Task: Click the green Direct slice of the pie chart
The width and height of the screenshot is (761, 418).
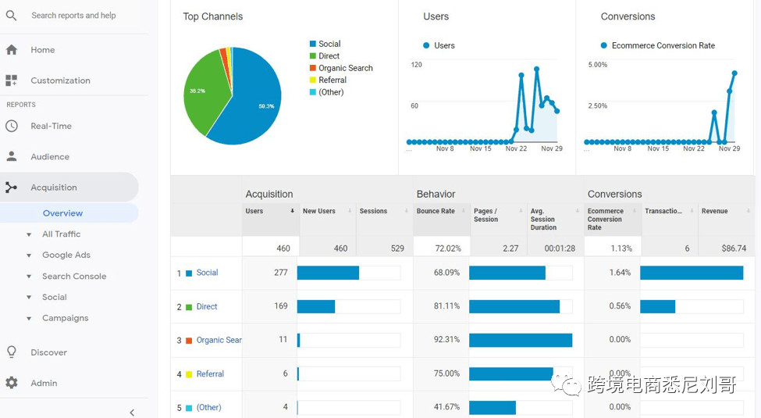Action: [x=204, y=94]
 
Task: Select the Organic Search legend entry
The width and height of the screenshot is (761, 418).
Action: [x=345, y=68]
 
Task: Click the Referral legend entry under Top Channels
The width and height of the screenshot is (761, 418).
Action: [x=332, y=80]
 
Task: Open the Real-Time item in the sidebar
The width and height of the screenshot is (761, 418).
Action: [x=51, y=126]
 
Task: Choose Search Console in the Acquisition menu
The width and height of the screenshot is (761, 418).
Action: [x=73, y=276]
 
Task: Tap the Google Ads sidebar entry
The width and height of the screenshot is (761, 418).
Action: [x=66, y=255]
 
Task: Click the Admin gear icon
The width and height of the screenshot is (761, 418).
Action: [x=12, y=383]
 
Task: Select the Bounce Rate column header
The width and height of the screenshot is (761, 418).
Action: [x=436, y=211]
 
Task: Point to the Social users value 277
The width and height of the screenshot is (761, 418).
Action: [x=280, y=273]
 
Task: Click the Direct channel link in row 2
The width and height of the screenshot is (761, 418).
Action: [x=206, y=306]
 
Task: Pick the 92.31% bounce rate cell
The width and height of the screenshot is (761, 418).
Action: [x=446, y=340]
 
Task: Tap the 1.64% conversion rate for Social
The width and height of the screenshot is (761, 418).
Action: [x=620, y=273]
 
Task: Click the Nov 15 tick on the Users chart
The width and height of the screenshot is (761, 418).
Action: [x=480, y=148]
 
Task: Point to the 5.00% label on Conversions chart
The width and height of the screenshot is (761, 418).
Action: [x=597, y=65]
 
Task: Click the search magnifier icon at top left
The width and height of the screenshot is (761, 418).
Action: [x=12, y=16]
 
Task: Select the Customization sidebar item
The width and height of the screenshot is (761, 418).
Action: [x=60, y=80]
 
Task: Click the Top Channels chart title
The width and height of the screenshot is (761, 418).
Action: [x=212, y=16]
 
